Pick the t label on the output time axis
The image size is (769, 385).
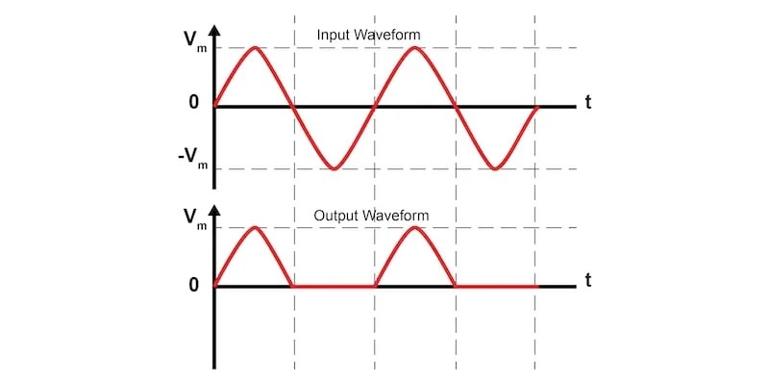click(585, 281)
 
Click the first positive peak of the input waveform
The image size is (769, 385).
click(254, 47)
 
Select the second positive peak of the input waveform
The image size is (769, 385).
click(414, 47)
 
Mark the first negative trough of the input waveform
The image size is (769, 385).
click(335, 169)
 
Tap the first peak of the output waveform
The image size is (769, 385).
click(254, 227)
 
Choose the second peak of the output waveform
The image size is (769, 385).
click(414, 227)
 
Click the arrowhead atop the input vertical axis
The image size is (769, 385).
click(213, 30)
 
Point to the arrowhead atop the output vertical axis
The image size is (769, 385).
click(213, 210)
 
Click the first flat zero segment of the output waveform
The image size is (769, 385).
click(334, 286)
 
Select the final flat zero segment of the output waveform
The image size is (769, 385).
click(495, 286)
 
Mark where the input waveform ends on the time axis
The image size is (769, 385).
click(536, 106)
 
